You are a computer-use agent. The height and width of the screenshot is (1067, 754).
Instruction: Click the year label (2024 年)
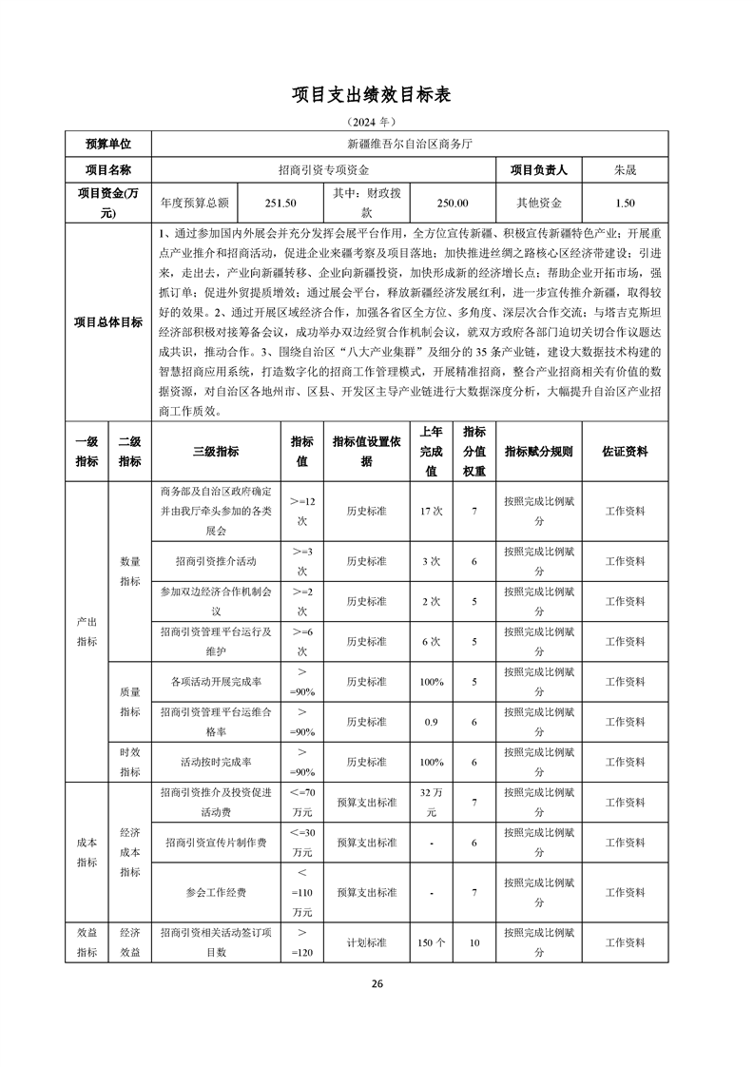click(x=377, y=124)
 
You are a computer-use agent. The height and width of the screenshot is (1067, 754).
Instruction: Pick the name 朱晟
click(x=625, y=170)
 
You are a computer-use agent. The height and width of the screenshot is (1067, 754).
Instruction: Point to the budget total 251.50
click(x=280, y=203)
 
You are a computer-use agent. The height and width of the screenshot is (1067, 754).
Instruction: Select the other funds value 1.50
click(x=625, y=203)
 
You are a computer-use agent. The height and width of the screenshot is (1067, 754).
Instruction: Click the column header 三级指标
click(x=216, y=452)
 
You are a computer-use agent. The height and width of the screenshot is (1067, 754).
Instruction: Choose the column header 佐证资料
click(x=625, y=452)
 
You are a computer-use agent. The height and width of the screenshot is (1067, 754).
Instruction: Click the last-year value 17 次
click(x=431, y=511)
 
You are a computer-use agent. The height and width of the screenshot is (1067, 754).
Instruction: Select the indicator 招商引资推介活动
click(x=216, y=561)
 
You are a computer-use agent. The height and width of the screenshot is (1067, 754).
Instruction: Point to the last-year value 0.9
click(x=431, y=722)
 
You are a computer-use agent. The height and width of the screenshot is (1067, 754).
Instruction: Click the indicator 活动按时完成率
click(x=216, y=762)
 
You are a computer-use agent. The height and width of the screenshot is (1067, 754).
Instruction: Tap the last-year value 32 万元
click(x=431, y=802)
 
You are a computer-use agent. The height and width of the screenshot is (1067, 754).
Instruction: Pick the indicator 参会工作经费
click(x=216, y=893)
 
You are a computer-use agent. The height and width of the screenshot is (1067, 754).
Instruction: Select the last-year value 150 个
click(x=431, y=942)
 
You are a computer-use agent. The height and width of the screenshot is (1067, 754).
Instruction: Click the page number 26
click(x=377, y=983)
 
